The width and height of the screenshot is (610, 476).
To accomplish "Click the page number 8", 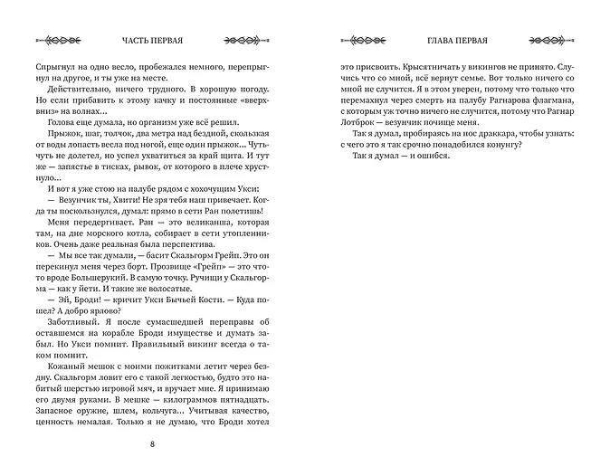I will (x=152, y=443).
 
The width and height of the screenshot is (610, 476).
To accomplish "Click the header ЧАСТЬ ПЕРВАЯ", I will (x=152, y=41).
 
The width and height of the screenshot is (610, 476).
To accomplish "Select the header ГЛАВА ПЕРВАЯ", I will (x=457, y=41).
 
